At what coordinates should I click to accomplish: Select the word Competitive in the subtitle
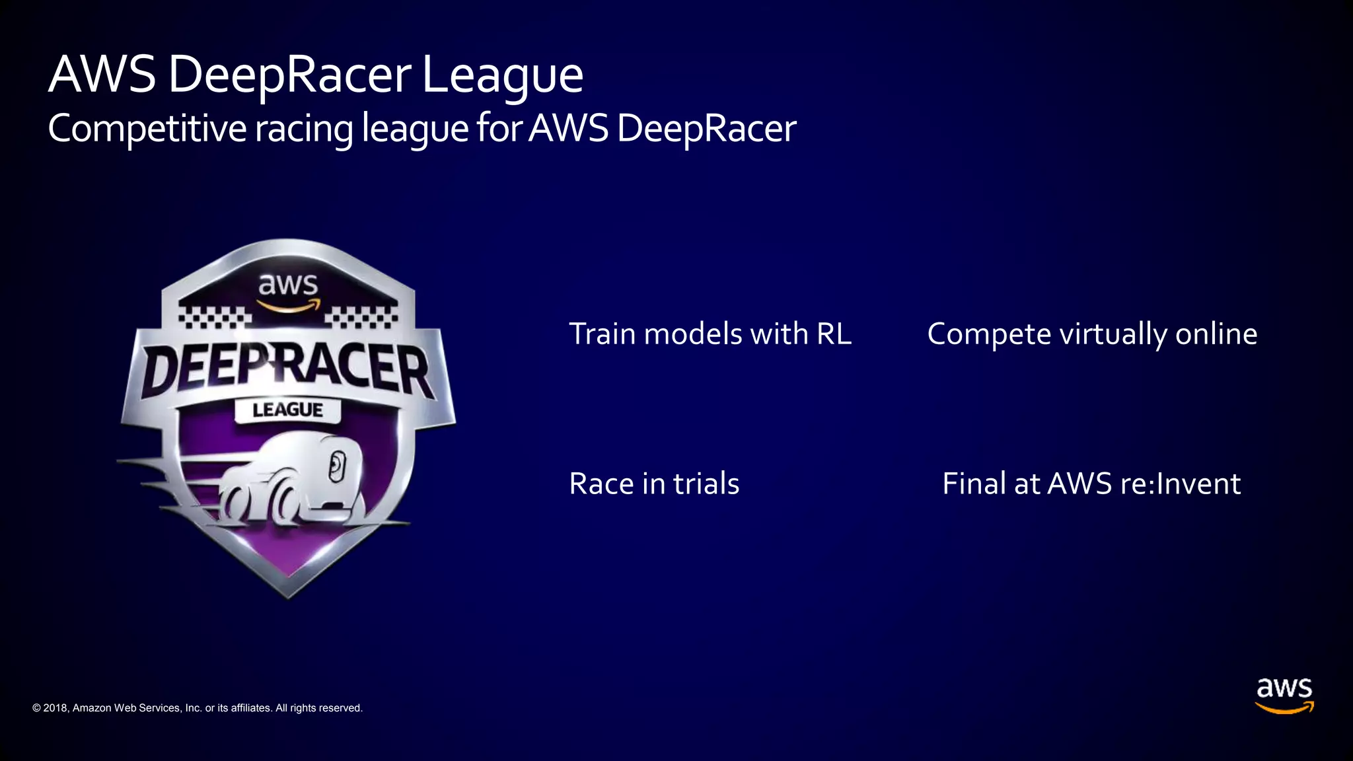147,129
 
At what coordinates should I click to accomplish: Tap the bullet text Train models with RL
710,334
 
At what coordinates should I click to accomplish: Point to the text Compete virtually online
1092,334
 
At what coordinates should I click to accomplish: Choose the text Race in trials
654,484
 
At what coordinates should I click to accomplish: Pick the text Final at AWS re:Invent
1091,484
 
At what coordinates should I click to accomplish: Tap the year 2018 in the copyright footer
55,708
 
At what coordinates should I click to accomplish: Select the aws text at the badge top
288,285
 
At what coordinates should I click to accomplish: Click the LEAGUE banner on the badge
288,410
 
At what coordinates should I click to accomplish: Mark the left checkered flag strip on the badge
215,317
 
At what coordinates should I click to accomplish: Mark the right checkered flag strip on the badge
361,317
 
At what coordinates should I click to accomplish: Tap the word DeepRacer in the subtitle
706,129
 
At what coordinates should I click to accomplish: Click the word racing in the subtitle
304,129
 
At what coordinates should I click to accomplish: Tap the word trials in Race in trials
706,484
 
